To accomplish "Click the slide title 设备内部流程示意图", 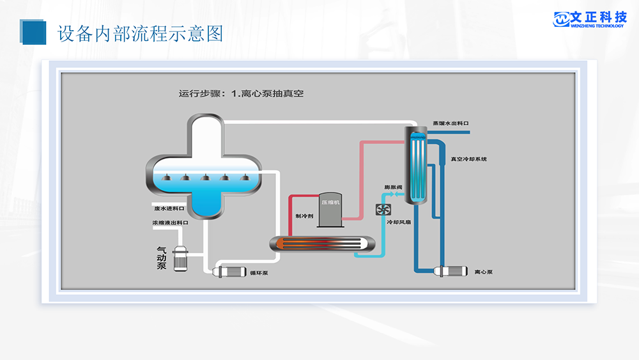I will coord(141,33).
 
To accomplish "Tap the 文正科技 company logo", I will coord(589,19).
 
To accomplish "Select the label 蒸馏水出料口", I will coord(450,123).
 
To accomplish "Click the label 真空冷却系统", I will coord(468,159).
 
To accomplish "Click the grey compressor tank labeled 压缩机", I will coord(330,209).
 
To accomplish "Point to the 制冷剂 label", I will coord(304,216).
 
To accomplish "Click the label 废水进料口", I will coord(169,208).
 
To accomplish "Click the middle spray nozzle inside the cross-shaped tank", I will coord(204,177).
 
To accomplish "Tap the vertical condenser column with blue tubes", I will coord(417,165).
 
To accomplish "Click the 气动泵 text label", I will coord(162,258).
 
